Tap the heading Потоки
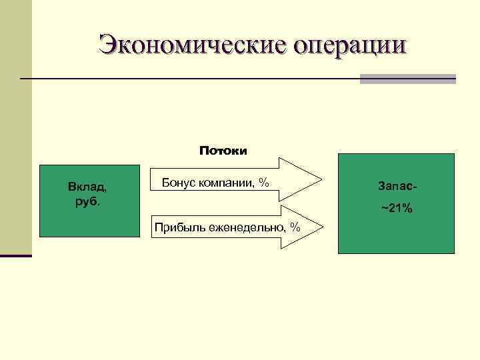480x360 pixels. [x=223, y=151]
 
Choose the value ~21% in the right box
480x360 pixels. [x=397, y=209]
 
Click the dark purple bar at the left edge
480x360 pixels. [x=15, y=255]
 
